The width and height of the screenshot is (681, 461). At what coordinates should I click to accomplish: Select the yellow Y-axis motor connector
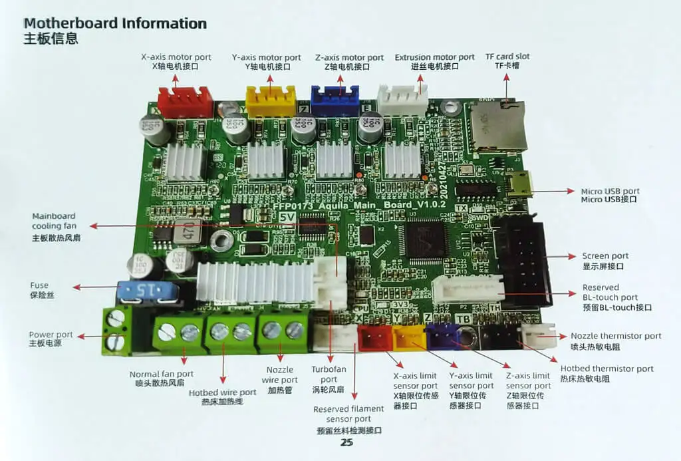click(270, 102)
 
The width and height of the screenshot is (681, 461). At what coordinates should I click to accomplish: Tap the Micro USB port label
click(610, 195)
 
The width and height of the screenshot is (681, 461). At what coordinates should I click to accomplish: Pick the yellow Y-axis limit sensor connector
click(409, 337)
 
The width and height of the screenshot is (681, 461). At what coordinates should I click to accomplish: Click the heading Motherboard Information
click(115, 23)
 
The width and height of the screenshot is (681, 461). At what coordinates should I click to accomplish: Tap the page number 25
click(346, 442)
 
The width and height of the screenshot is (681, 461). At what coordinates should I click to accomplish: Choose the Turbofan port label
click(329, 379)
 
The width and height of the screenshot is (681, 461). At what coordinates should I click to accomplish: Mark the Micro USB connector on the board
click(516, 184)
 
